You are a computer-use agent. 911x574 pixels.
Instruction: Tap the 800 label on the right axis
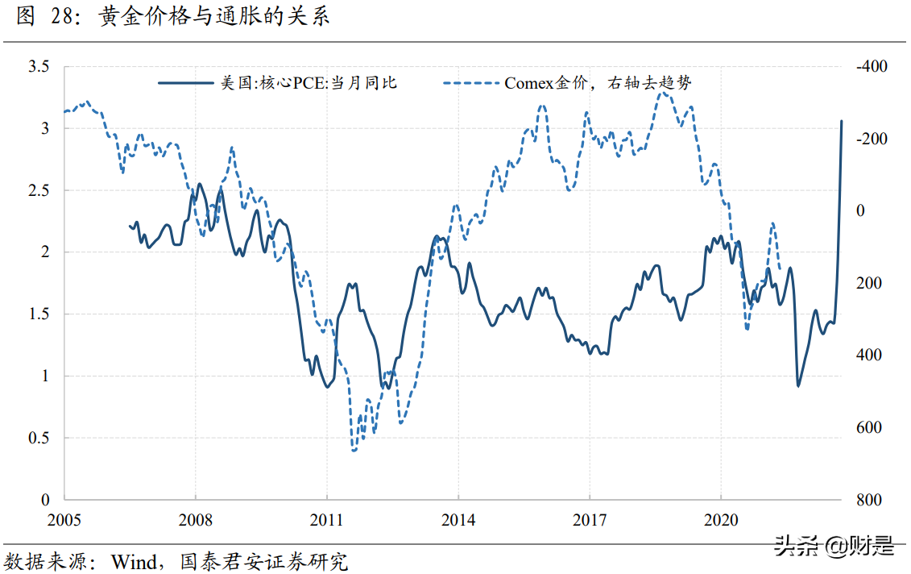point(868,500)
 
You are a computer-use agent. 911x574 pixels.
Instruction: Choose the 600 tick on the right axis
point(868,428)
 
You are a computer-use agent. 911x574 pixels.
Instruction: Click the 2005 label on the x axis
point(65,520)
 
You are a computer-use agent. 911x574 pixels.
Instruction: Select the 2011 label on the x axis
point(327,520)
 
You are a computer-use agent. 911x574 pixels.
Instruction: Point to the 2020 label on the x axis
point(720,520)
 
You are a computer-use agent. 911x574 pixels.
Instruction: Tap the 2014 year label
point(458,520)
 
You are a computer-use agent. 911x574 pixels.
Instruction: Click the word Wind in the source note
point(134,560)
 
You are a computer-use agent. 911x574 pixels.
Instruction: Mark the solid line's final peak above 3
point(842,122)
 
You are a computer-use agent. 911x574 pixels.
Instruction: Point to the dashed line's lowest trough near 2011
point(354,449)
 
